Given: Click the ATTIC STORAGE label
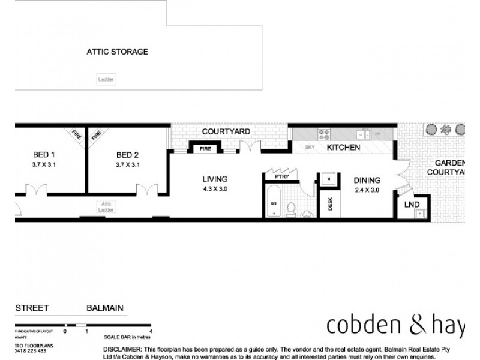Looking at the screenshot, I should point(117,52).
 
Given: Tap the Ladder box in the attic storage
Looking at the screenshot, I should point(105,79).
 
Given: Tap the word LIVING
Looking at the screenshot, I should point(214,179).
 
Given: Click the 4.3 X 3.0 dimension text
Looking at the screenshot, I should point(214,189).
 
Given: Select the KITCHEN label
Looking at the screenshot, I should point(343,147).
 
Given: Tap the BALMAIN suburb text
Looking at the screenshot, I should point(104,308).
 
